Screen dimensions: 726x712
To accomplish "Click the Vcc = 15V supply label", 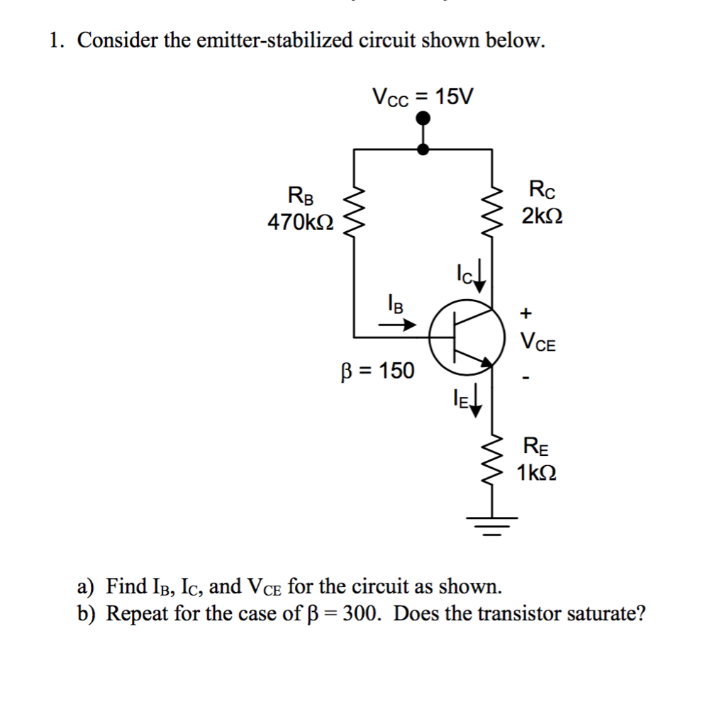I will (423, 97).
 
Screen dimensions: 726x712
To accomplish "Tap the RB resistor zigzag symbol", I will (354, 211).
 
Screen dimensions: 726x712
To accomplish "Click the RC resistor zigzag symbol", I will (492, 211).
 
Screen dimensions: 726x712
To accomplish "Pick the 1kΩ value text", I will (536, 472).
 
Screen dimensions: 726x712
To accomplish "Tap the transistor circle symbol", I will (467, 336).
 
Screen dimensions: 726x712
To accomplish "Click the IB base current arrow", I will (396, 325).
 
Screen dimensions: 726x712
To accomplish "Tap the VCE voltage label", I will (538, 343).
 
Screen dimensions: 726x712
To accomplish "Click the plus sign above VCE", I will (525, 311).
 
